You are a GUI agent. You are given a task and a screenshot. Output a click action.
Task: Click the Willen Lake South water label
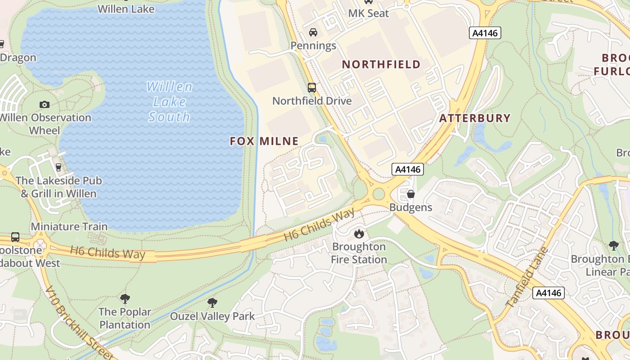pos(169,102)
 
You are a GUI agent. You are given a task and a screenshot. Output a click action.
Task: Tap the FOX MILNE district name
pos(264,141)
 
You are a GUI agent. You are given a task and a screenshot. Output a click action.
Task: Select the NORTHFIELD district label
pos(381,64)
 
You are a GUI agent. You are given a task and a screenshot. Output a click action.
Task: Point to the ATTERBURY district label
pos(475,118)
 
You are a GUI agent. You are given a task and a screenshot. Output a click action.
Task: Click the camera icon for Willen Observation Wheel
pos(44,104)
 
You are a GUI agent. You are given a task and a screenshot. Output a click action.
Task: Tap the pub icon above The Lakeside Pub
pos(58,167)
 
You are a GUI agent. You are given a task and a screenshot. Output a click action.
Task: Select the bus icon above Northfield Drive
pos(311,88)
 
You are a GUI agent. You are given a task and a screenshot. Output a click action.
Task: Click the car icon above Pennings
pos(313,32)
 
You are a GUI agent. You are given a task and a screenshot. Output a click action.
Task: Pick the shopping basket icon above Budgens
pos(410,194)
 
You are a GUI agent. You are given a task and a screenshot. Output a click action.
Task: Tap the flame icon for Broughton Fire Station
pos(359,234)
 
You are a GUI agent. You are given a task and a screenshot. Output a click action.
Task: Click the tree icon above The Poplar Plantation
pos(125,298)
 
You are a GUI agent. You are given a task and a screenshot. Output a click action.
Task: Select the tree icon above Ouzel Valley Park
pos(212,303)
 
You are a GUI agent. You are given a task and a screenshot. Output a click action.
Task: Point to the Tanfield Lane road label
pos(527,277)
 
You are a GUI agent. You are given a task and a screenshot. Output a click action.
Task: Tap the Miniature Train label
pos(69,226)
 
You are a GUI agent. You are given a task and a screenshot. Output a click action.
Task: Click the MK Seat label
pos(368,13)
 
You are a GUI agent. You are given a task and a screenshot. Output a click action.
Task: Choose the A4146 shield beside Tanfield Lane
pos(548,293)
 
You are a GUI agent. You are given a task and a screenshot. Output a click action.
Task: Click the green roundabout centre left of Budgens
pos(378,194)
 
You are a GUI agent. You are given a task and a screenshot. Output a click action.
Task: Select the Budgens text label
pos(410,207)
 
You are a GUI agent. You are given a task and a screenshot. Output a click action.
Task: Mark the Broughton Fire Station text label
pos(359,253)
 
